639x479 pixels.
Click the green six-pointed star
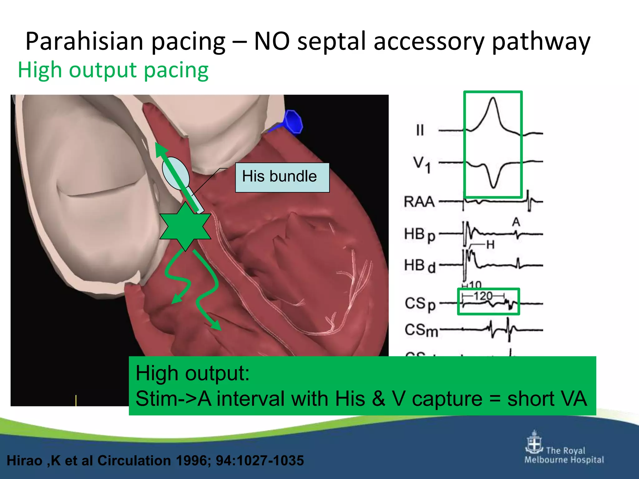pyautogui.click(x=185, y=226)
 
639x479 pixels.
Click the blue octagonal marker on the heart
pyautogui.click(x=293, y=121)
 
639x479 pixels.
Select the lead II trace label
pyautogui.click(x=420, y=130)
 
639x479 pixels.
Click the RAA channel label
pyautogui.click(x=419, y=202)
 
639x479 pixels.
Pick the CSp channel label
pyautogui.click(x=420, y=304)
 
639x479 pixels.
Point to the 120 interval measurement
pyautogui.click(x=483, y=296)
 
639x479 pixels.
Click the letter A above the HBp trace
pyautogui.click(x=516, y=222)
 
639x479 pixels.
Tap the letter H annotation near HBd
pyautogui.click(x=490, y=245)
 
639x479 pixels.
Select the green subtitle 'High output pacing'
pyautogui.click(x=113, y=70)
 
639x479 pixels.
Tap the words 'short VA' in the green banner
pyautogui.click(x=547, y=399)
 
